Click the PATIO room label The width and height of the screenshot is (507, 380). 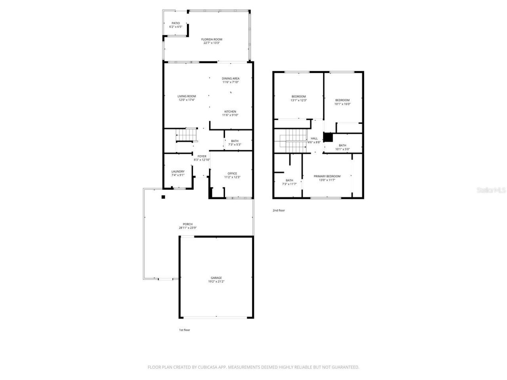(175, 23)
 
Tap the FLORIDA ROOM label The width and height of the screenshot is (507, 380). (212, 40)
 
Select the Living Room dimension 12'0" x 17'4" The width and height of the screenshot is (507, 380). (187, 100)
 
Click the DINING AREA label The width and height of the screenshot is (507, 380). (231, 78)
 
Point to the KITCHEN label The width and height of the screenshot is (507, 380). (230, 112)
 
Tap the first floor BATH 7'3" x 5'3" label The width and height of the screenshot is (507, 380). (235, 141)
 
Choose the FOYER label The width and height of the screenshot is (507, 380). (202, 156)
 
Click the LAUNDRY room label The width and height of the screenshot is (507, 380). (178, 171)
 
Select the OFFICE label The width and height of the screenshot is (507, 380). (232, 173)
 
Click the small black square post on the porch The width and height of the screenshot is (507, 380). (163, 197)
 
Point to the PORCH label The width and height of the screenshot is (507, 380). (188, 224)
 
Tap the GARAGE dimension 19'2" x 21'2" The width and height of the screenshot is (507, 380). (216, 281)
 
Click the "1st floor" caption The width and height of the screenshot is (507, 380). (184, 330)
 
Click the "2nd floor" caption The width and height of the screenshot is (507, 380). (278, 211)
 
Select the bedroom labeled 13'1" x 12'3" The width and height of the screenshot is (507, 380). (299, 99)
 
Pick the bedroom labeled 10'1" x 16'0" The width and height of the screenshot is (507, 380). (342, 102)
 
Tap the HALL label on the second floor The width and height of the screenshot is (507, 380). (314, 139)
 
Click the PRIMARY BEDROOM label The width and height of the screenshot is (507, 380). (327, 176)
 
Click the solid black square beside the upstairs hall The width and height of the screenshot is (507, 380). (328, 137)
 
